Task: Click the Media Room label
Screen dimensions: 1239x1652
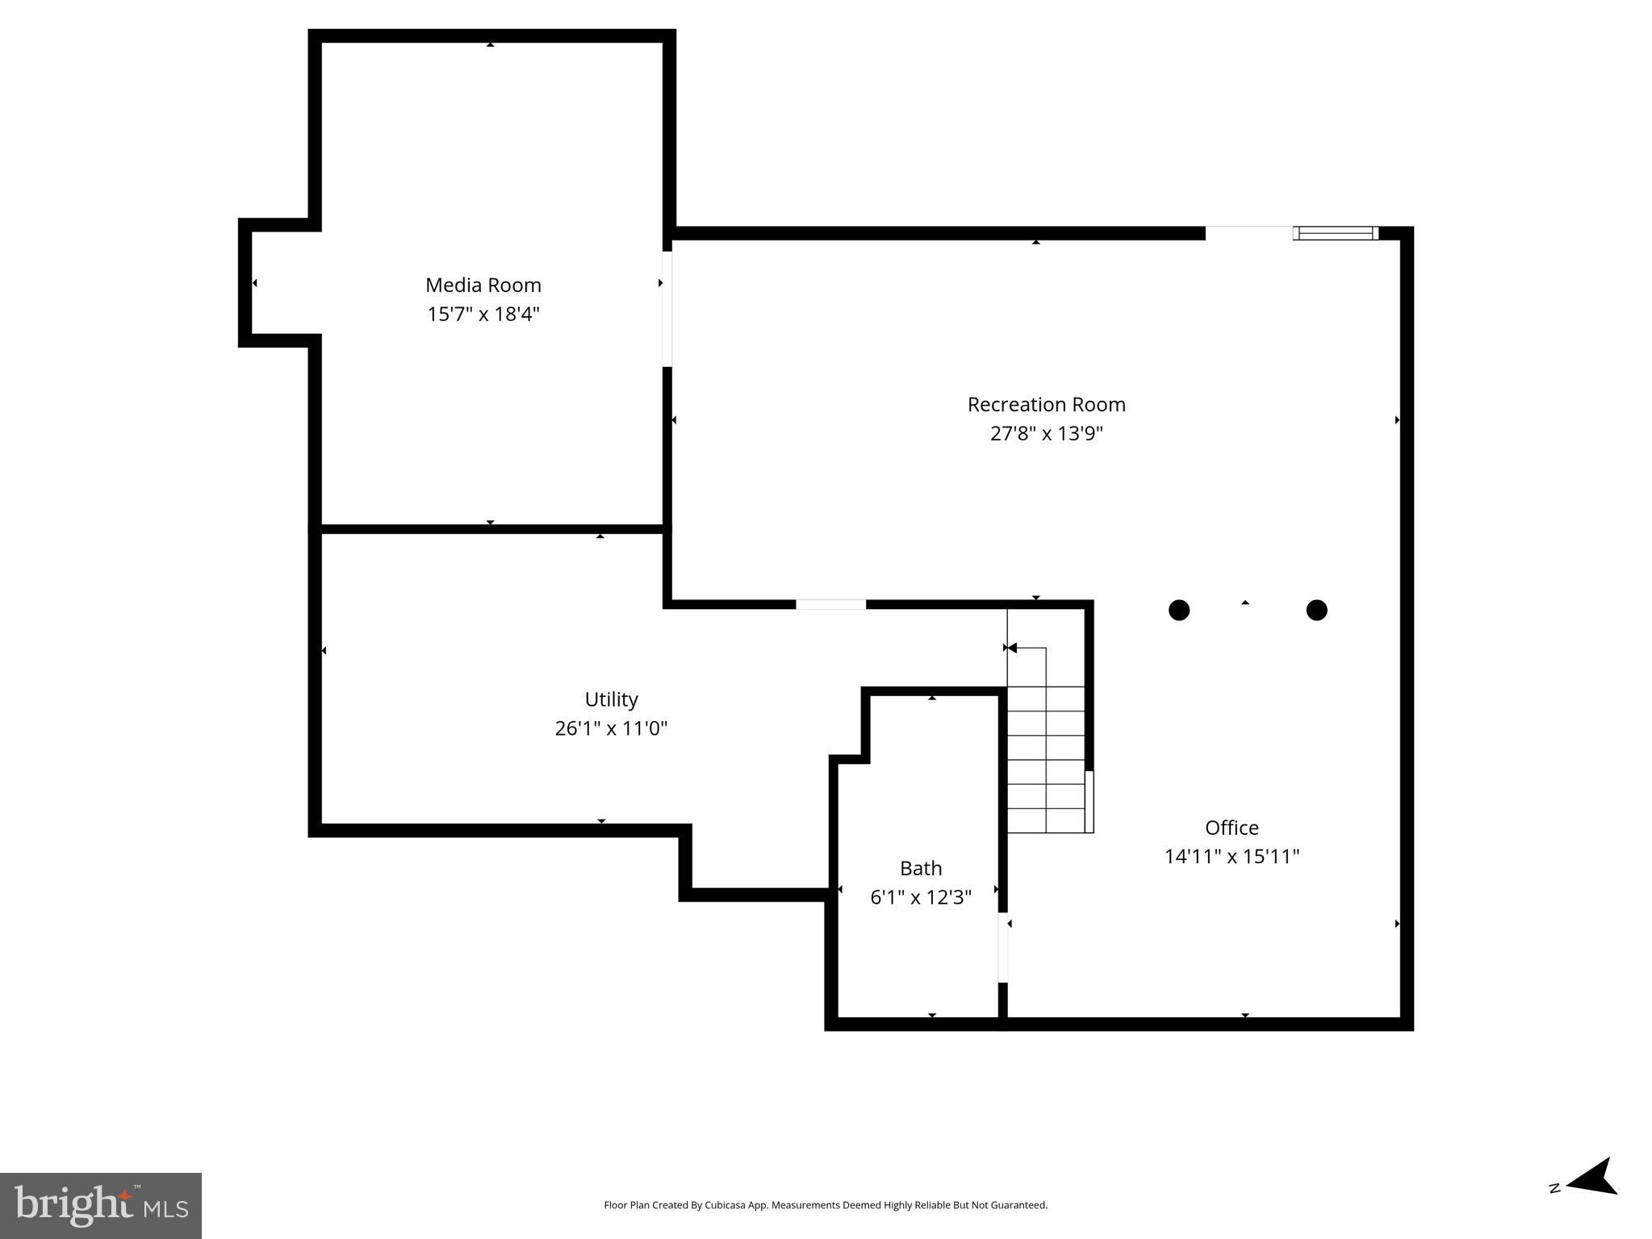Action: [x=483, y=285]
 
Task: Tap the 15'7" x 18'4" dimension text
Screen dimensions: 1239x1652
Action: [x=483, y=314]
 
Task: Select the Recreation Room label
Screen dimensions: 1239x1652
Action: [x=1046, y=404]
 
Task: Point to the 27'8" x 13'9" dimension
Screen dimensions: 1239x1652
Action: [x=1046, y=433]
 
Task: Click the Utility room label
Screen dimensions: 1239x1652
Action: [x=611, y=699]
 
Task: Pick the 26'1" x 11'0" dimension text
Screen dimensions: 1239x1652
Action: [x=611, y=728]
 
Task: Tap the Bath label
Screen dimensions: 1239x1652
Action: [x=921, y=868]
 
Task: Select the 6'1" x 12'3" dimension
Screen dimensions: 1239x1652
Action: [x=921, y=897]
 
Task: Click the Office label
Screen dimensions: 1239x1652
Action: [x=1232, y=828]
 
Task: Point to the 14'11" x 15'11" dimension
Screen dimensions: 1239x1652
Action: [x=1232, y=857]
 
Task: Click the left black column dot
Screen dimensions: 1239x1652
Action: [x=1179, y=610]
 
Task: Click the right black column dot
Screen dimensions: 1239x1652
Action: [x=1316, y=610]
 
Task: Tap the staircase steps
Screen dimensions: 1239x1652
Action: [x=1046, y=758]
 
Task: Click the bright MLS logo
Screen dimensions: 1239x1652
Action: [x=101, y=1205]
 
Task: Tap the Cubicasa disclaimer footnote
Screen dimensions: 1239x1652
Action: [x=826, y=1205]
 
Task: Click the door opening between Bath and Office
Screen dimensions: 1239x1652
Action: [x=1003, y=947]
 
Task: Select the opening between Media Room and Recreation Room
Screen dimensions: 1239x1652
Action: [x=667, y=309]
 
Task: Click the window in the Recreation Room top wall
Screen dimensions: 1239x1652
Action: [x=1335, y=233]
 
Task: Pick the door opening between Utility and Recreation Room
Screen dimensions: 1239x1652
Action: [x=830, y=604]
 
